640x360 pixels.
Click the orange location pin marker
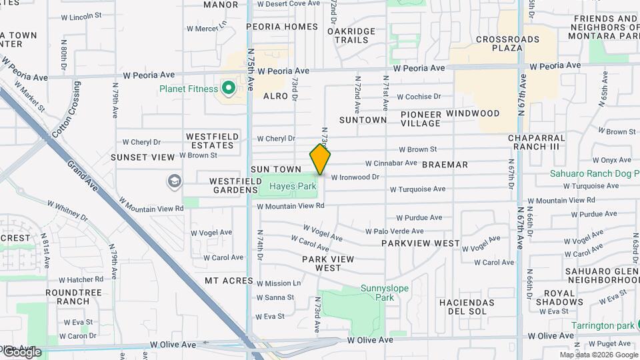320,159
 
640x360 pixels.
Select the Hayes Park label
293,187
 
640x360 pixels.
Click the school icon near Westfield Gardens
174,181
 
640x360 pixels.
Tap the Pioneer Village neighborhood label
421,119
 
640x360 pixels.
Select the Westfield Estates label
213,141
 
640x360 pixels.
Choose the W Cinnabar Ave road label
391,163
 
